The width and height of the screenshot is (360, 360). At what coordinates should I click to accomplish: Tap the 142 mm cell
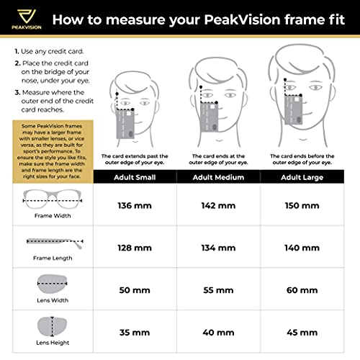point(219,206)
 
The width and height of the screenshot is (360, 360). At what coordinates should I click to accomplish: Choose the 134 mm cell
point(219,248)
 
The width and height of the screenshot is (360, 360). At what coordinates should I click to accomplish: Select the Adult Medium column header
point(219,175)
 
